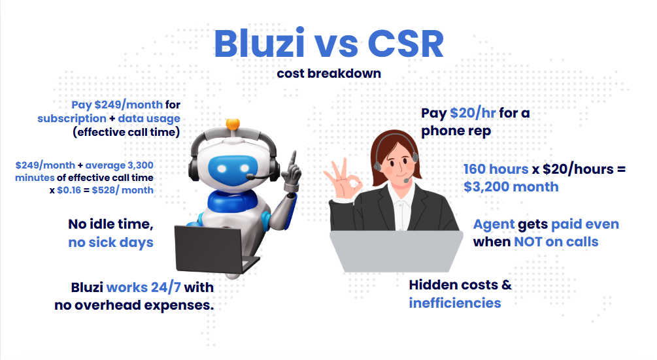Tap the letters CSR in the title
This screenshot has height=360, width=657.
coord(405,44)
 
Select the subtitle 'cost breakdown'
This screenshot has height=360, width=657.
coord(329,73)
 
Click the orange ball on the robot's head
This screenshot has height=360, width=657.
coord(233,124)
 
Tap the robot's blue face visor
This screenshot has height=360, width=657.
coord(233,169)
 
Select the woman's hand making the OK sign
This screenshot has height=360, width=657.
coord(343,181)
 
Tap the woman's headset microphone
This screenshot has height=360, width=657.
coord(407,180)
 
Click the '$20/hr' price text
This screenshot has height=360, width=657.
coord(473,113)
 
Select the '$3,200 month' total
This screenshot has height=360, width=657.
coord(511,187)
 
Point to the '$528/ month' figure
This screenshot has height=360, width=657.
coord(122,190)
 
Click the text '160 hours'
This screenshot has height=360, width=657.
coord(496,169)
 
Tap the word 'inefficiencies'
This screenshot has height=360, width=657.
coord(454,303)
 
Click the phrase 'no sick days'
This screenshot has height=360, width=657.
coord(110,242)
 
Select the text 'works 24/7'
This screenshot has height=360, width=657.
coord(144,287)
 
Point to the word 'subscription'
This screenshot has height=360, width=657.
coord(72,119)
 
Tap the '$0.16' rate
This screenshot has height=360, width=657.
coord(69,190)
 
